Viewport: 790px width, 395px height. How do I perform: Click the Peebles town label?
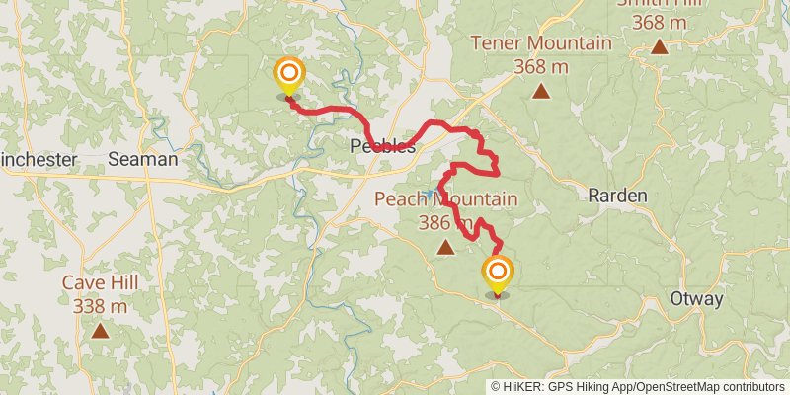pyautogui.click(x=382, y=147)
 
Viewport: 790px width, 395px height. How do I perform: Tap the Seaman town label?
pyautogui.click(x=143, y=159)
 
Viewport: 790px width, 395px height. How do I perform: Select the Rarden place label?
pyautogui.click(x=617, y=196)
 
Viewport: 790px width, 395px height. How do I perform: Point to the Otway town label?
pyautogui.click(x=696, y=299)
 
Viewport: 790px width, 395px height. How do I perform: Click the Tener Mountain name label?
pyautogui.click(x=541, y=43)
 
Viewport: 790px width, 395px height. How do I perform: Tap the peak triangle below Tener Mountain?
pyautogui.click(x=541, y=92)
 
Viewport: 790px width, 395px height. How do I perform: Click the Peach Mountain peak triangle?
pyautogui.click(x=445, y=248)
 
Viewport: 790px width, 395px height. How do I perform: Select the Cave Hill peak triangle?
pyautogui.click(x=100, y=330)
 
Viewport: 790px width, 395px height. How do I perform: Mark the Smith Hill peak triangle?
pyautogui.click(x=659, y=45)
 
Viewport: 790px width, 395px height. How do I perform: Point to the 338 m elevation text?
pyautogui.click(x=100, y=306)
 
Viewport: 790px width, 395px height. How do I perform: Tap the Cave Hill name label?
pyautogui.click(x=100, y=283)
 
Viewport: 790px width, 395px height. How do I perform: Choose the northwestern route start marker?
pyautogui.click(x=289, y=74)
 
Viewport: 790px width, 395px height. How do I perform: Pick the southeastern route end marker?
pyautogui.click(x=497, y=273)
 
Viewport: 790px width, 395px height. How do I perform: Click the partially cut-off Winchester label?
pyautogui.click(x=38, y=159)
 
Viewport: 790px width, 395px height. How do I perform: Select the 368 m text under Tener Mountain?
pyautogui.click(x=541, y=66)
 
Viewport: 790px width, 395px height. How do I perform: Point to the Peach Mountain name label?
pyautogui.click(x=445, y=200)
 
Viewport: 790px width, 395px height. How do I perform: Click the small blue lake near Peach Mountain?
pyautogui.click(x=429, y=193)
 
